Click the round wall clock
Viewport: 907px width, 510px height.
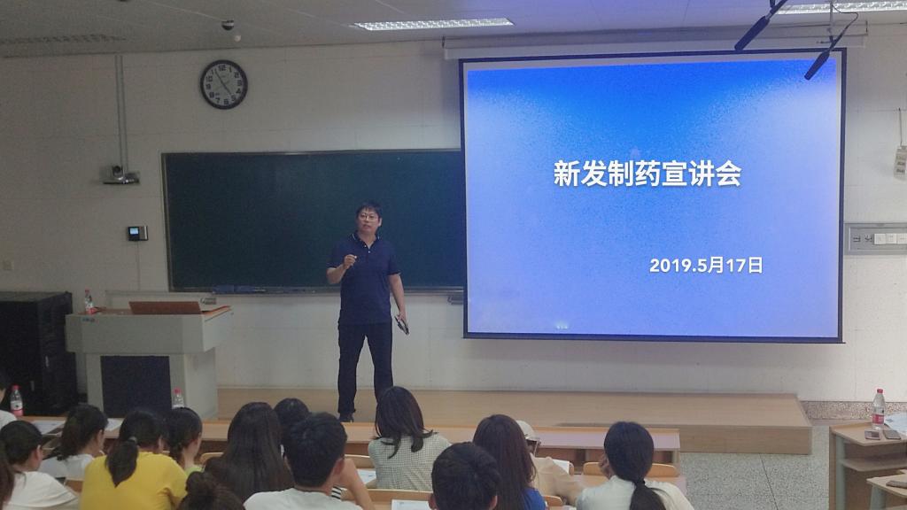coord(224,84)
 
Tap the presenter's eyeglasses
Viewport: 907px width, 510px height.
coord(368,217)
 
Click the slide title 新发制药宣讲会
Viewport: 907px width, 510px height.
coord(647,174)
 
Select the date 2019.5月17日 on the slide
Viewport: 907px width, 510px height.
coord(706,266)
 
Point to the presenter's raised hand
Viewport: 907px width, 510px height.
coord(349,260)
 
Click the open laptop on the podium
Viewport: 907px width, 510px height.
coord(165,307)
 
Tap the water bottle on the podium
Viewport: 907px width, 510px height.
coord(89,302)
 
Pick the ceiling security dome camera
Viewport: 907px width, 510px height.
coord(228,25)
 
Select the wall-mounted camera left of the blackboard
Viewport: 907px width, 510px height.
coord(120,174)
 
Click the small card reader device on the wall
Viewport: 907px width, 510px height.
coord(137,233)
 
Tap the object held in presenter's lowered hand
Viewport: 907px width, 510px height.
coord(401,325)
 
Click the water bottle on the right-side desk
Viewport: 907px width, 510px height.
coord(879,409)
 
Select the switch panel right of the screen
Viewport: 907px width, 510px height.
coord(876,238)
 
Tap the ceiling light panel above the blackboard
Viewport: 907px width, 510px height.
coord(432,24)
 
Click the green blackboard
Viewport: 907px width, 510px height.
coord(313,220)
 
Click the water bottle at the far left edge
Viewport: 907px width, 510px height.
coord(16,401)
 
